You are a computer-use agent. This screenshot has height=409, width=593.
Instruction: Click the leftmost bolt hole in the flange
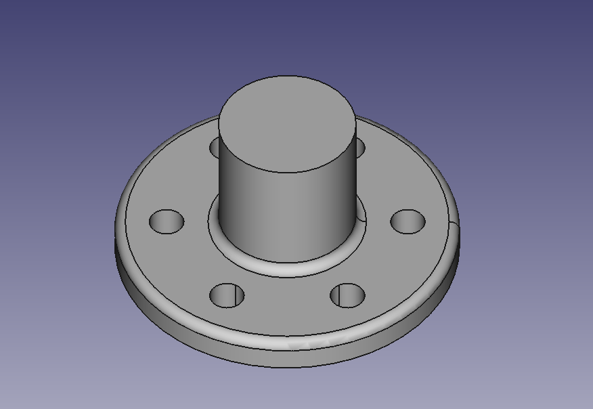pos(167,221)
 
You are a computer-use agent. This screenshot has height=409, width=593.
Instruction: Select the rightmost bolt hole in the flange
pos(408,221)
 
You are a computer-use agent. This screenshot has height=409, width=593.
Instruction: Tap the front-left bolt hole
pos(227,295)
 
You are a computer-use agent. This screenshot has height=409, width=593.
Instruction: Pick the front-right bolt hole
pos(347,295)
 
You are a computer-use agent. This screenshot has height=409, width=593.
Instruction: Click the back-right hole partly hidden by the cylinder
pos(359,146)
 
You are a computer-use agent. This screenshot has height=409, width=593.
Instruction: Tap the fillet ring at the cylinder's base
pos(288,266)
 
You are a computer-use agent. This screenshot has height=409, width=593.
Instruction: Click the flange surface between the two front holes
pos(288,301)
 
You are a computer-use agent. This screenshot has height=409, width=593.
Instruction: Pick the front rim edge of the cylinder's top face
pos(288,172)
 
